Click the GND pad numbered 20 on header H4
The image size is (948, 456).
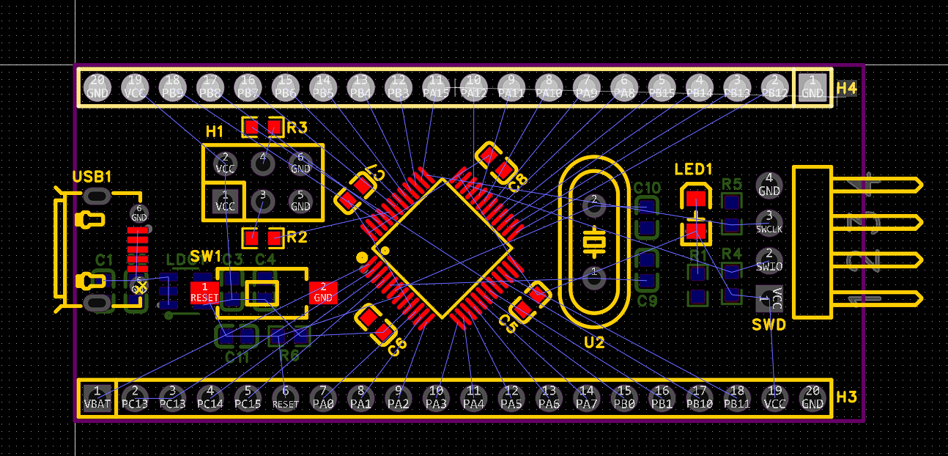(97, 87)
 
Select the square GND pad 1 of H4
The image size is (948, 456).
(812, 87)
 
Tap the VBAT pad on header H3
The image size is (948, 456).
(97, 397)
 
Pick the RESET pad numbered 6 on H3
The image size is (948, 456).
(286, 397)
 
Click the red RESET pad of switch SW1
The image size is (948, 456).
(204, 293)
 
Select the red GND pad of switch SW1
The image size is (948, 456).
(322, 293)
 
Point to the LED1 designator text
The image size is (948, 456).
(693, 170)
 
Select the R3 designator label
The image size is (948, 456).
(297, 128)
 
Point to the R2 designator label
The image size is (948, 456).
(297, 237)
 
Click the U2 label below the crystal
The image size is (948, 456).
(594, 342)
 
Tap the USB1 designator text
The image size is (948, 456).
(92, 177)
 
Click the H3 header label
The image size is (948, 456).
(846, 397)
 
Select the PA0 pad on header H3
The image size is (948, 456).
(323, 397)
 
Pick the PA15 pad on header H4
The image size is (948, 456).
(436, 87)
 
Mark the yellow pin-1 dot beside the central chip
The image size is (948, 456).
(361, 257)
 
